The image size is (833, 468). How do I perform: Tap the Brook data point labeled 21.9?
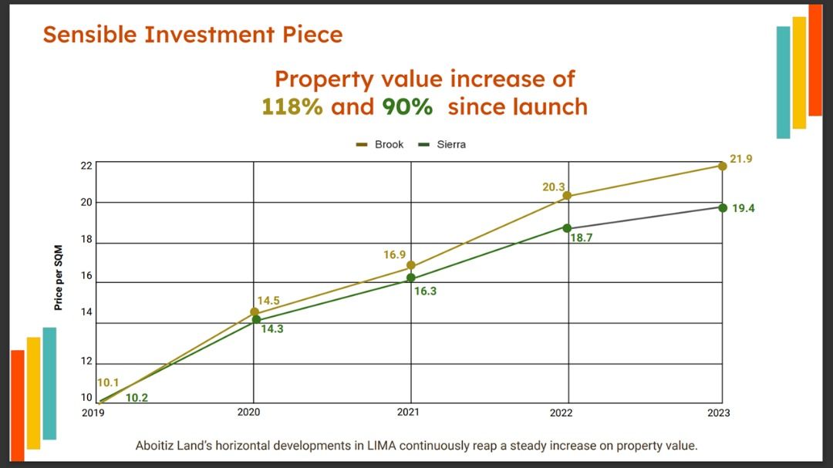[723, 166]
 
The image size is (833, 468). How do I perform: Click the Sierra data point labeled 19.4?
[723, 207]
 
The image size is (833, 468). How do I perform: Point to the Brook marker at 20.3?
[567, 196]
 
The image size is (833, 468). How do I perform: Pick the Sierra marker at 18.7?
[567, 228]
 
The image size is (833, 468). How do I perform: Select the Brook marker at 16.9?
[411, 265]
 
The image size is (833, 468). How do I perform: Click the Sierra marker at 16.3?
[411, 278]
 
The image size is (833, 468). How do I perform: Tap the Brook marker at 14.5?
[255, 312]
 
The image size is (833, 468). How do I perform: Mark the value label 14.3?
[271, 328]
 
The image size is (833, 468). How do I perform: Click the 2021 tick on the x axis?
[408, 412]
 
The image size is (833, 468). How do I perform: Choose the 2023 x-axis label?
[718, 412]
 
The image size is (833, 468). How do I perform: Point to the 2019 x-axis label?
[93, 412]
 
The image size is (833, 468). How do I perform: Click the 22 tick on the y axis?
[86, 165]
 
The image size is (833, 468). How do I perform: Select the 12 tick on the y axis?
[86, 362]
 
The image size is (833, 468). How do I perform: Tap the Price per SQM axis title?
[59, 278]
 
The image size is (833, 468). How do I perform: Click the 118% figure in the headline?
[292, 106]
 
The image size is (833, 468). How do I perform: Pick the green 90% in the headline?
[407, 106]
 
